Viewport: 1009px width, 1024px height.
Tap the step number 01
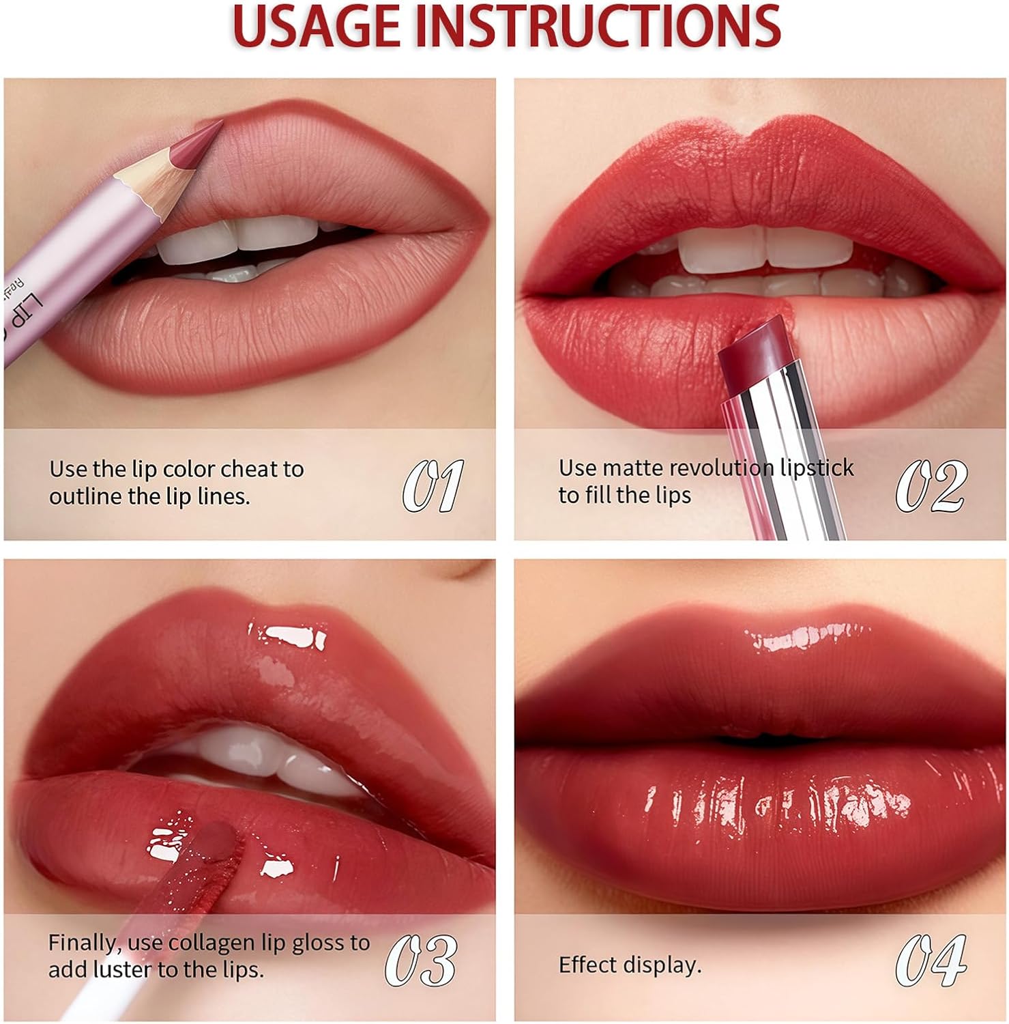point(433,485)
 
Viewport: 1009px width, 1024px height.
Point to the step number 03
point(421,960)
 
